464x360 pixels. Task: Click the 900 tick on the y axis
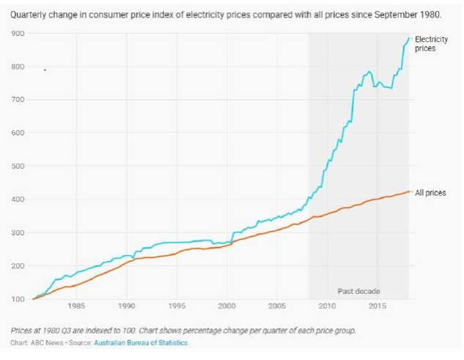click(x=18, y=34)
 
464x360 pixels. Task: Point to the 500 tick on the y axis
click(x=18, y=166)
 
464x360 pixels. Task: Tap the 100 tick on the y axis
click(x=18, y=299)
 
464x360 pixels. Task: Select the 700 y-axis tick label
click(x=18, y=100)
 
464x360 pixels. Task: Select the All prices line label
click(x=430, y=193)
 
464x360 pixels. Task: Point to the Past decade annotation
click(x=358, y=291)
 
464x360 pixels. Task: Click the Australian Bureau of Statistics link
click(x=141, y=342)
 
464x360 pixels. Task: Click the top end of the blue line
click(x=409, y=37)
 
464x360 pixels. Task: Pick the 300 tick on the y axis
click(x=18, y=232)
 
